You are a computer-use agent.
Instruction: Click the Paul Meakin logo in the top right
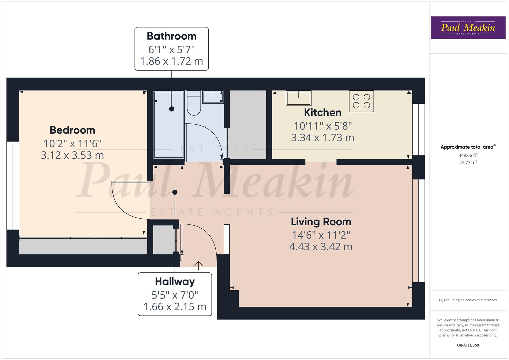(468, 28)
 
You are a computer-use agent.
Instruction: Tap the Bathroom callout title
(171, 36)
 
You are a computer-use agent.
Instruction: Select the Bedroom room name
(72, 130)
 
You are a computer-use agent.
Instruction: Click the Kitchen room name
(322, 112)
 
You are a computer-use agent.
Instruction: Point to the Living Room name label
(321, 222)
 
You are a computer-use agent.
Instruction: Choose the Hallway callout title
(175, 282)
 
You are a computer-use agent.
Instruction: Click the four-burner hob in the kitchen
(361, 101)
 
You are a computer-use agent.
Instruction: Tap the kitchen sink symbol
(298, 98)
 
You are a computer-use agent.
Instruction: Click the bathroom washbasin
(213, 97)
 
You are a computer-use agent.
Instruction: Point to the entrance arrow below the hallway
(198, 265)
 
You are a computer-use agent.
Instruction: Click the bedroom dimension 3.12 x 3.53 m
(72, 155)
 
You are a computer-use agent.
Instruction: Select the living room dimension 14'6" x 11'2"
(321, 235)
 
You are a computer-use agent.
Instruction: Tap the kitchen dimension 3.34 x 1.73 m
(322, 138)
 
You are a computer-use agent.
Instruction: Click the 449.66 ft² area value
(468, 155)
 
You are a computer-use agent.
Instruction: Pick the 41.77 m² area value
(468, 163)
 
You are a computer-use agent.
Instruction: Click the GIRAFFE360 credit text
(468, 345)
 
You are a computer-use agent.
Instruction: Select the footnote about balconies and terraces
(468, 300)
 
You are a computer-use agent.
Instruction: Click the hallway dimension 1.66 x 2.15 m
(175, 307)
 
